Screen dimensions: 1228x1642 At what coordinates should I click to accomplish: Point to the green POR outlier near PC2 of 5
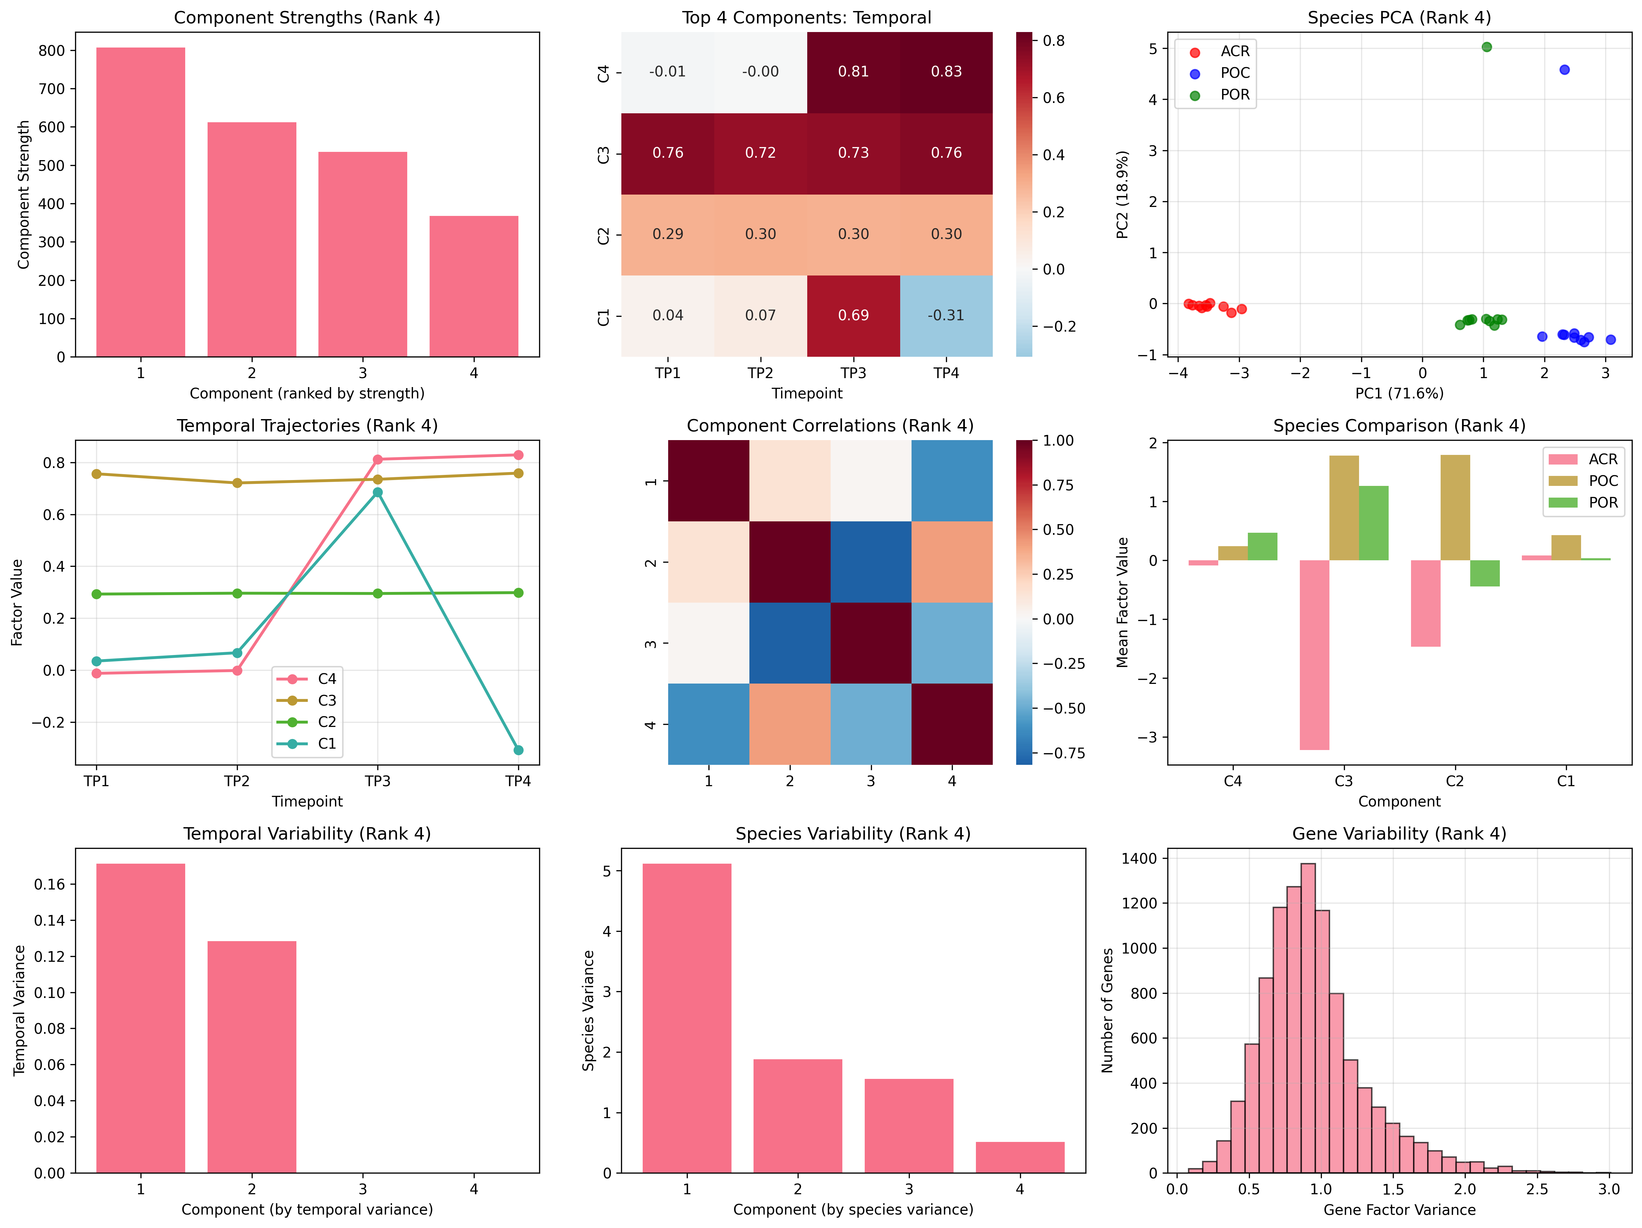[x=1487, y=47]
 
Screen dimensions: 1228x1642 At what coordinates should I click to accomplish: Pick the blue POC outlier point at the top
[x=1565, y=70]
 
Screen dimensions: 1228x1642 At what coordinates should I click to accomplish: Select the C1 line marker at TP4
[x=518, y=750]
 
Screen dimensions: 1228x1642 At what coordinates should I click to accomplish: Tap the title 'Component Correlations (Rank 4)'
[x=830, y=425]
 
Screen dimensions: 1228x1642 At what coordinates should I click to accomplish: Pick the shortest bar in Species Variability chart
[x=1020, y=1157]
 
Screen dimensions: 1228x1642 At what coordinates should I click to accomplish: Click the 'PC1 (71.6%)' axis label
[x=1399, y=394]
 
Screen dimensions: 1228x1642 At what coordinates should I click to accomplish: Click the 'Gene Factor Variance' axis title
[x=1399, y=1209]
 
